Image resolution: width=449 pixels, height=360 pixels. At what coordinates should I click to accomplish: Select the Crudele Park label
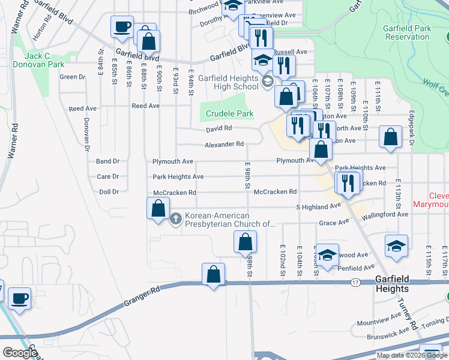click(x=229, y=113)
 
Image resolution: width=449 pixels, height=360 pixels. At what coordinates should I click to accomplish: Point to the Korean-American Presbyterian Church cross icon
click(x=176, y=218)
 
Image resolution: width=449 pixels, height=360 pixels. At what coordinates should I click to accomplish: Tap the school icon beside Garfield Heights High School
click(x=268, y=83)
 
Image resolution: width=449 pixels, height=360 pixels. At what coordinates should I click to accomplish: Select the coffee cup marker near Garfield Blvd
click(x=122, y=27)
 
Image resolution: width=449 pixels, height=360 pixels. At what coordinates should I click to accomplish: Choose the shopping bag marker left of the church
click(x=158, y=209)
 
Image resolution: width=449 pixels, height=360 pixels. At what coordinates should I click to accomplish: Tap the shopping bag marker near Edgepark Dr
click(x=391, y=137)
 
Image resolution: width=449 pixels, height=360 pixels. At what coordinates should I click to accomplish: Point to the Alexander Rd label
click(x=224, y=145)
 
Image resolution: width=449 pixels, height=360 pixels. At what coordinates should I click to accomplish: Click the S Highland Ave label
click(x=319, y=206)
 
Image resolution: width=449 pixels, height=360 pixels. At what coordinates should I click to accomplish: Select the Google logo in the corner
click(x=20, y=353)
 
